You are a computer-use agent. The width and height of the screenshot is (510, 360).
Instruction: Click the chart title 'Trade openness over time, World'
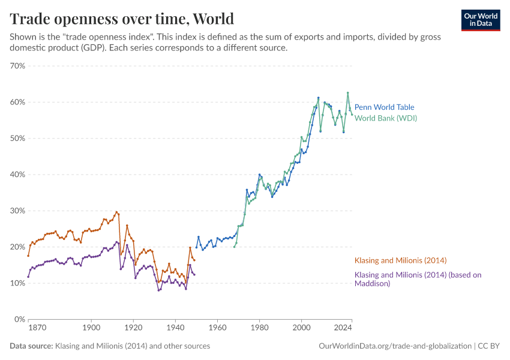pyautogui.click(x=122, y=19)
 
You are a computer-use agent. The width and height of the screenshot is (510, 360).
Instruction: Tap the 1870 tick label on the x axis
pyautogui.click(x=37, y=329)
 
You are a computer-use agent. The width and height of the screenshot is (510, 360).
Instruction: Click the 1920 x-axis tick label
pyautogui.click(x=133, y=329)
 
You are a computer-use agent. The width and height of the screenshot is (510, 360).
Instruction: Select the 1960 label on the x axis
pyautogui.click(x=217, y=329)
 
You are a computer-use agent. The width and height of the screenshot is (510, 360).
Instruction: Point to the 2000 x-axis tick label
pyautogui.click(x=301, y=329)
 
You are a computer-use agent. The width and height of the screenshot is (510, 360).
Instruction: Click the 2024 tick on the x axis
pyautogui.click(x=343, y=329)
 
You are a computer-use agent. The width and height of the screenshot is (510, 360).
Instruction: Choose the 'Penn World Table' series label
pyautogui.click(x=384, y=107)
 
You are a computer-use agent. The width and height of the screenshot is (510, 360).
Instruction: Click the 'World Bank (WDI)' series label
pyautogui.click(x=385, y=118)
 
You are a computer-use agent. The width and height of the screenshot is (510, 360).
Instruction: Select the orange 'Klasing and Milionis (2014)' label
pyautogui.click(x=401, y=260)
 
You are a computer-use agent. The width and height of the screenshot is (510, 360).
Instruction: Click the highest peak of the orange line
pyautogui.click(x=116, y=212)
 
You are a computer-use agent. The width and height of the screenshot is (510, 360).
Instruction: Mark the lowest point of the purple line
pyautogui.click(x=158, y=290)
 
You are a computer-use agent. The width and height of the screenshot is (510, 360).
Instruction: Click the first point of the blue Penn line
pyautogui.click(x=196, y=247)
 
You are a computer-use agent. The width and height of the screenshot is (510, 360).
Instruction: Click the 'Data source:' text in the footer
pyautogui.click(x=31, y=346)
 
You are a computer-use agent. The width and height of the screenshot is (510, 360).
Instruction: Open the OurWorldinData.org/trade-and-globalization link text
pyautogui.click(x=395, y=346)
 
